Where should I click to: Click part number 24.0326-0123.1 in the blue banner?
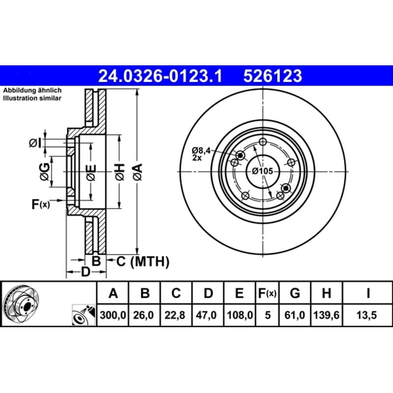click(160, 76)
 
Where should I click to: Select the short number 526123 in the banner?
click(273, 76)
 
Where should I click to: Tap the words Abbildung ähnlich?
click(32, 90)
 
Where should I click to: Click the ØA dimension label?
click(138, 172)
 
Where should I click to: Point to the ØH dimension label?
click(120, 172)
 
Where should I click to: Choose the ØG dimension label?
click(45, 171)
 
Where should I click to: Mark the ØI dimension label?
click(35, 143)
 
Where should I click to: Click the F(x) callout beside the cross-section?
click(41, 204)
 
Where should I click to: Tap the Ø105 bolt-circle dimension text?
click(262, 171)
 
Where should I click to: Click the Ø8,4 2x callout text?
click(201, 154)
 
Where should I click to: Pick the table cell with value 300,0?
click(113, 315)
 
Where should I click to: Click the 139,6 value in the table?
click(326, 315)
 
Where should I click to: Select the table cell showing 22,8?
click(176, 315)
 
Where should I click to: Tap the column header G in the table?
click(295, 293)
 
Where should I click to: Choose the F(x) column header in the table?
click(267, 293)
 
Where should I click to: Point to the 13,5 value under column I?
click(366, 315)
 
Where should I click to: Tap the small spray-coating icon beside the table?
click(84, 315)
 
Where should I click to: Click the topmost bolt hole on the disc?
click(262, 142)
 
